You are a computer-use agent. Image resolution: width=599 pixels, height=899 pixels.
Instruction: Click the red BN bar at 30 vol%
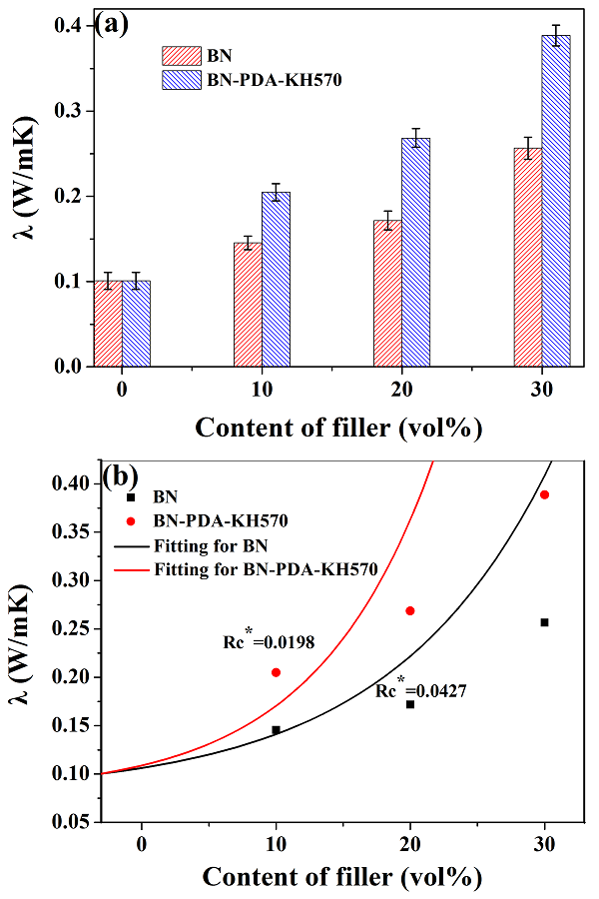[x=528, y=258]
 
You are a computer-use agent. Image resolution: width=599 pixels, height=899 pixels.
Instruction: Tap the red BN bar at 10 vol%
[x=248, y=305]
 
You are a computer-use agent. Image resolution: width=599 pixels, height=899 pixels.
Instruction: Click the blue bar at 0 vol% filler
[x=136, y=324]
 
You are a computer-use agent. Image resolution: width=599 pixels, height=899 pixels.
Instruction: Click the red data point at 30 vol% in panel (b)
[x=544, y=494]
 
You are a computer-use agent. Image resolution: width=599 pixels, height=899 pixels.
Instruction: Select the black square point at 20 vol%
[x=409, y=704]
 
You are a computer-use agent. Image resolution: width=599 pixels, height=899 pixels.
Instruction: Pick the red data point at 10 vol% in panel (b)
[x=276, y=672]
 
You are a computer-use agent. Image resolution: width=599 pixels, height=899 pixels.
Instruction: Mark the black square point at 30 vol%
[x=544, y=622]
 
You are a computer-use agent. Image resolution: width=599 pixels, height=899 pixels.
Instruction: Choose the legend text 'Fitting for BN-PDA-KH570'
[x=265, y=570]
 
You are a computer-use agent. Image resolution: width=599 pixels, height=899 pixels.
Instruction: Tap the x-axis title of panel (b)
[x=342, y=876]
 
